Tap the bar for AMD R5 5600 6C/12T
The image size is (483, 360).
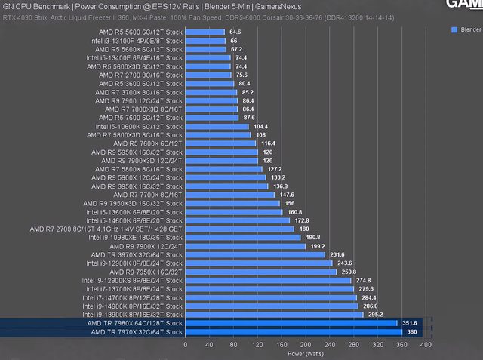point(204,32)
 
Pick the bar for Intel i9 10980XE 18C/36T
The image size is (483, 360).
point(242,237)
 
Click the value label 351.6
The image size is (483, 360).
point(409,323)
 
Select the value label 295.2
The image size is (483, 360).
point(375,314)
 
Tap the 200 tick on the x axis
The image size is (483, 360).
point(306,345)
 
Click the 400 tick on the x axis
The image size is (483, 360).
point(426,345)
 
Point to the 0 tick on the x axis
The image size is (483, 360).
point(186,345)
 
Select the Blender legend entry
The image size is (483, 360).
point(466,29)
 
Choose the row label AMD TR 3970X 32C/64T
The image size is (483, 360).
point(139,254)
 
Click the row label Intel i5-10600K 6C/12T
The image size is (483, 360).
point(139,126)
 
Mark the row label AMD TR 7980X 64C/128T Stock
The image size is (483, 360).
point(136,323)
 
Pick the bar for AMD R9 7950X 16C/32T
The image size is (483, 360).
point(261,272)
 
